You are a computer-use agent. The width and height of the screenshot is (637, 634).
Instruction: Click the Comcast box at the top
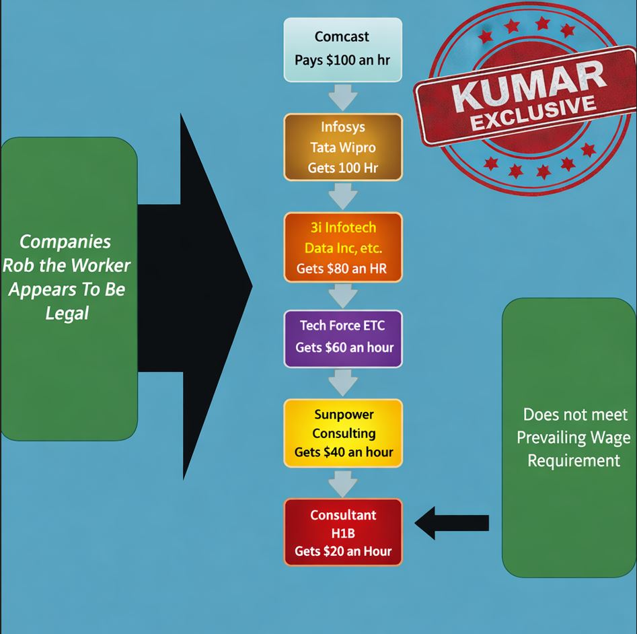tap(342, 49)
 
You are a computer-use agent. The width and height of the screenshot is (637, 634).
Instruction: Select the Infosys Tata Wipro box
tap(342, 147)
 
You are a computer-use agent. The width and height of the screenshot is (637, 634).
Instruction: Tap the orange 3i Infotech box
tap(342, 247)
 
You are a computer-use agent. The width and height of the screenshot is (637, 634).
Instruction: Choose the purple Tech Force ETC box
tap(342, 338)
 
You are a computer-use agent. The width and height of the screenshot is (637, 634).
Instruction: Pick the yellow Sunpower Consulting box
tap(342, 432)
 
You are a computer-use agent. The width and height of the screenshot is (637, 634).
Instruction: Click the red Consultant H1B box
tap(342, 532)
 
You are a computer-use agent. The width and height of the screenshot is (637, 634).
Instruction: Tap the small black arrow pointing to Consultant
tap(451, 523)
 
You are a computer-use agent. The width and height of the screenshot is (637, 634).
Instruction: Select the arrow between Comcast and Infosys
tap(343, 97)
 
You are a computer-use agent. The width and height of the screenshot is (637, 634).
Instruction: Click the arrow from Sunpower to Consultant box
tap(343, 483)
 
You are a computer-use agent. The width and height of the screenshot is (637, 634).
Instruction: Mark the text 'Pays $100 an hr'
tap(342, 60)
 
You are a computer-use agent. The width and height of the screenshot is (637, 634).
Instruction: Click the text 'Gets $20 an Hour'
tap(342, 551)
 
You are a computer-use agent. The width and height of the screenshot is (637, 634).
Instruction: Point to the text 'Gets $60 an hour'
tap(344, 348)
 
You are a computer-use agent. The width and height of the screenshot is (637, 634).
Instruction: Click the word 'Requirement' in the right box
tap(574, 460)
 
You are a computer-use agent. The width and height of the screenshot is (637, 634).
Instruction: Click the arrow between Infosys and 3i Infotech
tap(343, 197)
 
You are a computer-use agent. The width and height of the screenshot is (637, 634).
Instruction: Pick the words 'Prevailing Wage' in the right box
tap(574, 437)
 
